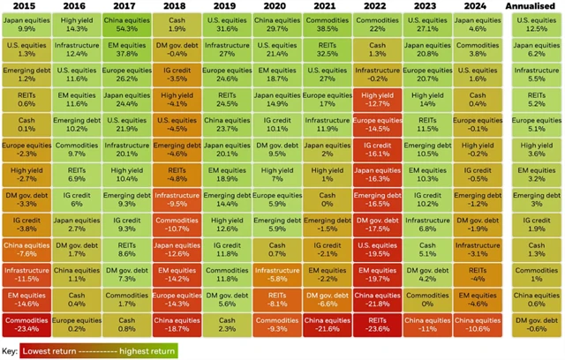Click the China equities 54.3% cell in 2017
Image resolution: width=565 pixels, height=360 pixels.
click(x=126, y=25)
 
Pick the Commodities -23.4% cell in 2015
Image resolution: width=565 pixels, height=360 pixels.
click(x=26, y=324)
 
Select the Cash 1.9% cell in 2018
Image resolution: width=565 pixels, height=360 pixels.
click(x=177, y=25)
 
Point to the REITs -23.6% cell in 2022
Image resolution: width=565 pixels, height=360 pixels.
click(x=377, y=324)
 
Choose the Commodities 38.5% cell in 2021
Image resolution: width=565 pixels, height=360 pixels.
click(x=328, y=25)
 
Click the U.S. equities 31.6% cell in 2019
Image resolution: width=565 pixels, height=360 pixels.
click(x=227, y=25)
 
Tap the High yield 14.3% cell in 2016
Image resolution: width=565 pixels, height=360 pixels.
click(x=76, y=25)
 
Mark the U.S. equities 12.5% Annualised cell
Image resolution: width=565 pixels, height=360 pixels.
click(x=537, y=25)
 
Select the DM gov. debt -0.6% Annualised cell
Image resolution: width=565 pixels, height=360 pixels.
click(x=537, y=324)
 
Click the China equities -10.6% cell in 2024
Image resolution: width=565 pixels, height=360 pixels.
click(x=478, y=324)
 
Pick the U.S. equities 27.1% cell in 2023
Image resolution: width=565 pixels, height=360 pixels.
click(x=427, y=25)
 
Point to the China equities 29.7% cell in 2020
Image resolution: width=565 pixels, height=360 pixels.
click(x=277, y=25)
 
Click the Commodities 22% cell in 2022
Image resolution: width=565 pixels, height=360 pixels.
click(x=377, y=25)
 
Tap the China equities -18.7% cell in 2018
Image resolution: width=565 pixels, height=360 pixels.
click(x=177, y=324)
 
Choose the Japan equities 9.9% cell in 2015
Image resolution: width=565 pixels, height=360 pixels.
click(x=26, y=25)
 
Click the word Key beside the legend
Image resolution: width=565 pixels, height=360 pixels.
click(x=11, y=350)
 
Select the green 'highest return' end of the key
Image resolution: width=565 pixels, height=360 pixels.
click(x=150, y=350)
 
